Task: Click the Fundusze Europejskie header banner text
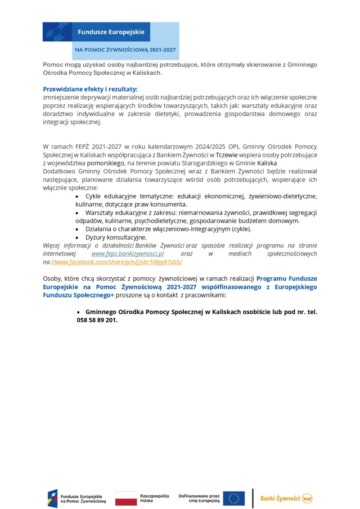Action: click(111, 32)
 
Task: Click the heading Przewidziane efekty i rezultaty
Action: click(90, 89)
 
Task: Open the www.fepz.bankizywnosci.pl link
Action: click(127, 253)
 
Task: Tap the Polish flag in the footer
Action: click(126, 498)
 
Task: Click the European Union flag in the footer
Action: click(234, 498)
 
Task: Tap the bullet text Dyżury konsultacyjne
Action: click(116, 237)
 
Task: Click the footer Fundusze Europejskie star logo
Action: click(53, 498)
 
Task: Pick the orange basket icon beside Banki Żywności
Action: click(307, 498)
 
